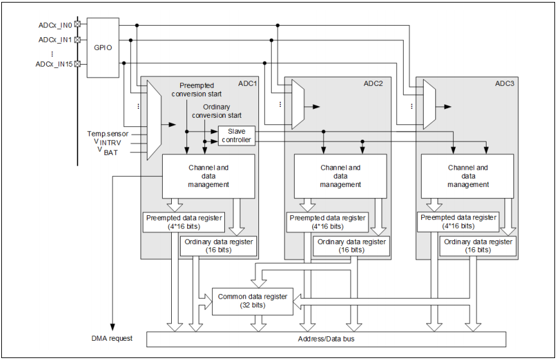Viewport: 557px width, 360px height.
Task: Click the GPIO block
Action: click(103, 47)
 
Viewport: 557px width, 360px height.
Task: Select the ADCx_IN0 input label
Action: click(56, 25)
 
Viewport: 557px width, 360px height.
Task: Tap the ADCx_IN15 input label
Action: click(54, 63)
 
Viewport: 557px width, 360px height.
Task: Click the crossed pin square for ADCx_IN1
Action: click(78, 40)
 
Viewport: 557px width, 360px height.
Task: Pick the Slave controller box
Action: click(237, 135)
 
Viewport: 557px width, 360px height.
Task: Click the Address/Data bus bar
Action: click(326, 338)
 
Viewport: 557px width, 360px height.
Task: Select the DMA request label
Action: click(112, 338)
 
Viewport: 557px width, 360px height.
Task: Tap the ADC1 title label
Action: click(247, 84)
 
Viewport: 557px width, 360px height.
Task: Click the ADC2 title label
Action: click(373, 84)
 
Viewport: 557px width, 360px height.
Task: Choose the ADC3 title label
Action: click(504, 84)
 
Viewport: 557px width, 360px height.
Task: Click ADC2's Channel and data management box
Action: click(340, 176)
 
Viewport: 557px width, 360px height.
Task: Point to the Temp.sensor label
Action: click(108, 134)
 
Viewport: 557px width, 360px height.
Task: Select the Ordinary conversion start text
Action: click(217, 111)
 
